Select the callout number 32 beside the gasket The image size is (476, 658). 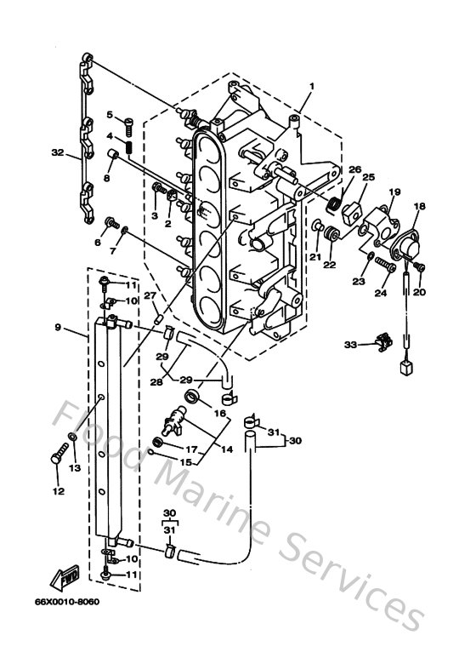pyautogui.click(x=58, y=154)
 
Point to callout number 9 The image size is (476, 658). pyautogui.click(x=58, y=327)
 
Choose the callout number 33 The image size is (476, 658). pyautogui.click(x=350, y=346)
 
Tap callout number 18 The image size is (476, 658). pyautogui.click(x=420, y=207)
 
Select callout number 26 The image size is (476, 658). pyautogui.click(x=354, y=169)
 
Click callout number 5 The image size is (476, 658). pyautogui.click(x=110, y=115)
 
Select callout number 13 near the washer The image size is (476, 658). pyautogui.click(x=75, y=468)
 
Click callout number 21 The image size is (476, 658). pyautogui.click(x=314, y=257)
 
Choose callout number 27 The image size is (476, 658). pyautogui.click(x=149, y=295)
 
